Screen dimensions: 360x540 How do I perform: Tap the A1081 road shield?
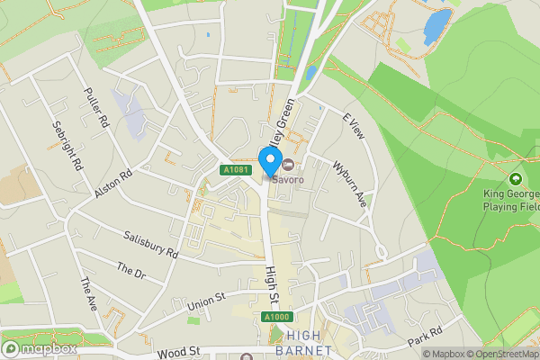235,170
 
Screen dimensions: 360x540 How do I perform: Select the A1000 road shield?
277,318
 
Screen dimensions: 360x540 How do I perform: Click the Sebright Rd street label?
68,146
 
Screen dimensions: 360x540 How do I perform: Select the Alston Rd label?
113,183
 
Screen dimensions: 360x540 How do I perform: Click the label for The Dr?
131,270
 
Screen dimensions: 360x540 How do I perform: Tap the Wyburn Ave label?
350,183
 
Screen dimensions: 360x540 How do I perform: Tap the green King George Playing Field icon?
515,179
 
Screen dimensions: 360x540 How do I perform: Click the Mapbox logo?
39,348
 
